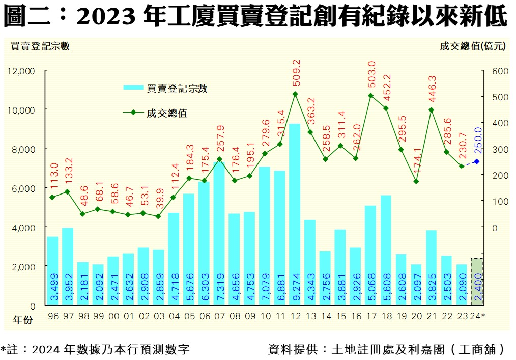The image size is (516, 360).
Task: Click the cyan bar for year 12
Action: (295, 214)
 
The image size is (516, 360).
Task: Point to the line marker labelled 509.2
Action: (295, 94)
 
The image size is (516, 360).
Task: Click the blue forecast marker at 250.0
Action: (477, 161)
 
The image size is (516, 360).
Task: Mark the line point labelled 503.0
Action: (370, 96)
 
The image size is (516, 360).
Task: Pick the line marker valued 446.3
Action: (431, 110)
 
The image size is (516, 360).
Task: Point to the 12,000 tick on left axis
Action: (21, 71)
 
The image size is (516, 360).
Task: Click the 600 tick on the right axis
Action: (501, 71)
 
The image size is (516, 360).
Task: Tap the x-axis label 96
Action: (53, 316)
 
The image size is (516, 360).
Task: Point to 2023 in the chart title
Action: (107, 17)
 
